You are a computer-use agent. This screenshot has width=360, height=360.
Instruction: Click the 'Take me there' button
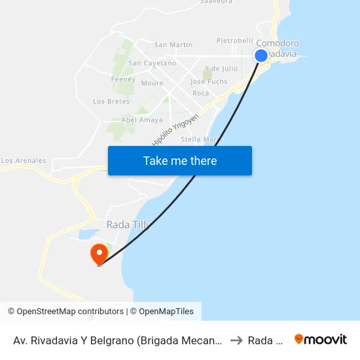(180, 160)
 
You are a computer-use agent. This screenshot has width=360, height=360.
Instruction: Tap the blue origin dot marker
(261, 56)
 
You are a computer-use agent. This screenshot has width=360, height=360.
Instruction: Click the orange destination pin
(99, 254)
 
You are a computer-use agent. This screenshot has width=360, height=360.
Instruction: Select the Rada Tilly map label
(128, 225)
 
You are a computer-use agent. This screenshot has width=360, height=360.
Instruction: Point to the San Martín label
(173, 45)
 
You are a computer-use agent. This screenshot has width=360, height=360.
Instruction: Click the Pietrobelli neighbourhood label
(234, 41)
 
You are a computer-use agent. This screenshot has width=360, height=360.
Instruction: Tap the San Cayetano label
(152, 63)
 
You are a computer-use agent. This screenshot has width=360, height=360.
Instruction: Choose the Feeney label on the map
(123, 79)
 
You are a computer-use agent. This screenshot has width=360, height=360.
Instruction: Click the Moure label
(152, 83)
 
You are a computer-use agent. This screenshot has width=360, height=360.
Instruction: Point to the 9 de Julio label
(221, 68)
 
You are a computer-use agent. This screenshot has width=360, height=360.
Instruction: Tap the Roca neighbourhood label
(201, 93)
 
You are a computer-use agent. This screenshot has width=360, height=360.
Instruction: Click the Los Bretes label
(111, 101)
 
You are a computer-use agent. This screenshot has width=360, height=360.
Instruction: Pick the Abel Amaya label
(142, 120)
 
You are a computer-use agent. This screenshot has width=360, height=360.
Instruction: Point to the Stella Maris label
(201, 139)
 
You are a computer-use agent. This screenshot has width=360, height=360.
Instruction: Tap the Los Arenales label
(24, 160)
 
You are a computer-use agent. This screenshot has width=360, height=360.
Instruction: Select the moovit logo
(321, 340)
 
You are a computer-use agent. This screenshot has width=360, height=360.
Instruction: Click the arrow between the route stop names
(236, 340)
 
